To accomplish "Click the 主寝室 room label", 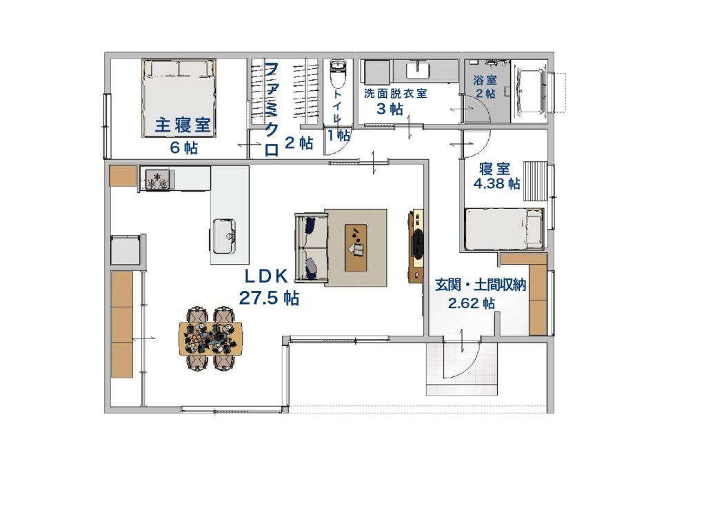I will [183, 125].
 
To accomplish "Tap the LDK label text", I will [265, 276].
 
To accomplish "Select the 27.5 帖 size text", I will [269, 298].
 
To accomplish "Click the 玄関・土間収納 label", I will [481, 285].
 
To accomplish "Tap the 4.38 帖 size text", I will [496, 184].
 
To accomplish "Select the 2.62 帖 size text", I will [471, 303].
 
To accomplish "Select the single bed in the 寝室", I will [503, 229].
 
